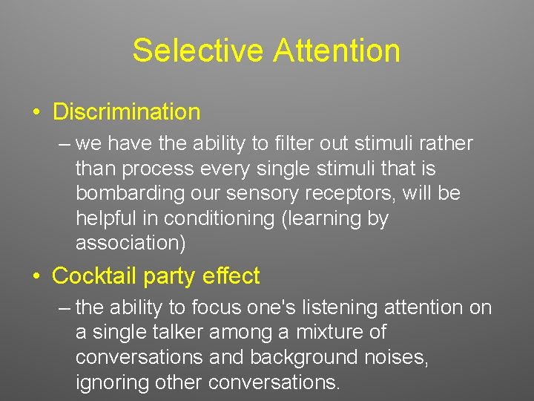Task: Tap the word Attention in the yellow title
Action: pyautogui.click(x=337, y=51)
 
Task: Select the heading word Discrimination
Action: pyautogui.click(x=127, y=112)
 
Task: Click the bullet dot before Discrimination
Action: pyautogui.click(x=36, y=113)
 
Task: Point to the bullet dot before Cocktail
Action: pyautogui.click(x=36, y=277)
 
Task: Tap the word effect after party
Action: pyautogui.click(x=235, y=276)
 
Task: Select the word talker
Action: pyautogui.click(x=174, y=332)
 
